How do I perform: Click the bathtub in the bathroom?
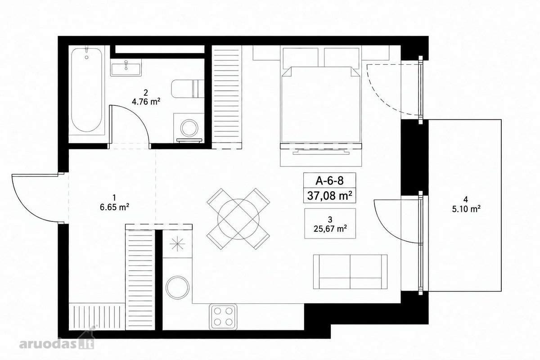(x=87, y=90)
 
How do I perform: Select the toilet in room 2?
(x=188, y=89)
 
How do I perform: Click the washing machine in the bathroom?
(x=189, y=128)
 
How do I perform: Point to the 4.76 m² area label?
(x=146, y=102)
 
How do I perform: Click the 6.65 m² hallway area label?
(x=114, y=207)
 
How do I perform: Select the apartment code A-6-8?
(x=329, y=180)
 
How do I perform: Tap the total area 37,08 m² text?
(x=329, y=196)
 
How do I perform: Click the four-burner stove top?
(x=223, y=316)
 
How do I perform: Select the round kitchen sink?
(x=178, y=288)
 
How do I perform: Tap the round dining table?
(x=238, y=219)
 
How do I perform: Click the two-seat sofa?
(x=350, y=272)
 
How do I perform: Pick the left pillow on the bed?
(x=301, y=57)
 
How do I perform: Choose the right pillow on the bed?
(x=342, y=57)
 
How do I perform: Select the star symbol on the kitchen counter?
(x=177, y=244)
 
